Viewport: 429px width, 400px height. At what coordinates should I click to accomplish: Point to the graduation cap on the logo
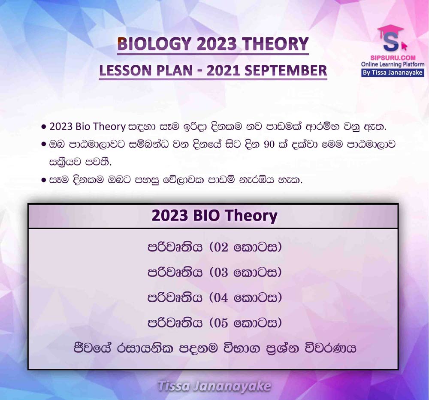[x=390, y=29]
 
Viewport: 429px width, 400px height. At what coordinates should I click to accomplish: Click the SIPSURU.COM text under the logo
[x=393, y=58]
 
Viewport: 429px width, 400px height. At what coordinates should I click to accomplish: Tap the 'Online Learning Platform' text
[x=393, y=64]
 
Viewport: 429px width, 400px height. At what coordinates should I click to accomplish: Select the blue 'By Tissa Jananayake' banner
[x=393, y=73]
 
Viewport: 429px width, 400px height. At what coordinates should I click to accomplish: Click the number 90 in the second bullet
[x=269, y=144]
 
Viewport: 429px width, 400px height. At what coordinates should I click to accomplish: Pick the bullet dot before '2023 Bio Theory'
[x=43, y=127]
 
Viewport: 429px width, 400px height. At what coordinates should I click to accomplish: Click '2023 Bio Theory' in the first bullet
[x=87, y=127]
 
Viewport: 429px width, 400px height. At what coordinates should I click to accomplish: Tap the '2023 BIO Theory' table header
[x=214, y=215]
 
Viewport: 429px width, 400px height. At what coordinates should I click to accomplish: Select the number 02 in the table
[x=221, y=247]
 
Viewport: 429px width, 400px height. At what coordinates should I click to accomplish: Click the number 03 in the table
[x=221, y=273]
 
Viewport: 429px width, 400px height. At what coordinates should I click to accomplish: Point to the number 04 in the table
[x=221, y=297]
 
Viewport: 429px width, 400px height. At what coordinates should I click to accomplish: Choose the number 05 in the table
[x=221, y=323]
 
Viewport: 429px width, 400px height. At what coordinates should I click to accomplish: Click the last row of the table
[x=215, y=348]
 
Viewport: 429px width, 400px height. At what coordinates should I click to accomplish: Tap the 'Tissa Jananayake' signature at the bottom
[x=214, y=386]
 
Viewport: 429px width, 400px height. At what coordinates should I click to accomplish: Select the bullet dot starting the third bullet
[x=43, y=180]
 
